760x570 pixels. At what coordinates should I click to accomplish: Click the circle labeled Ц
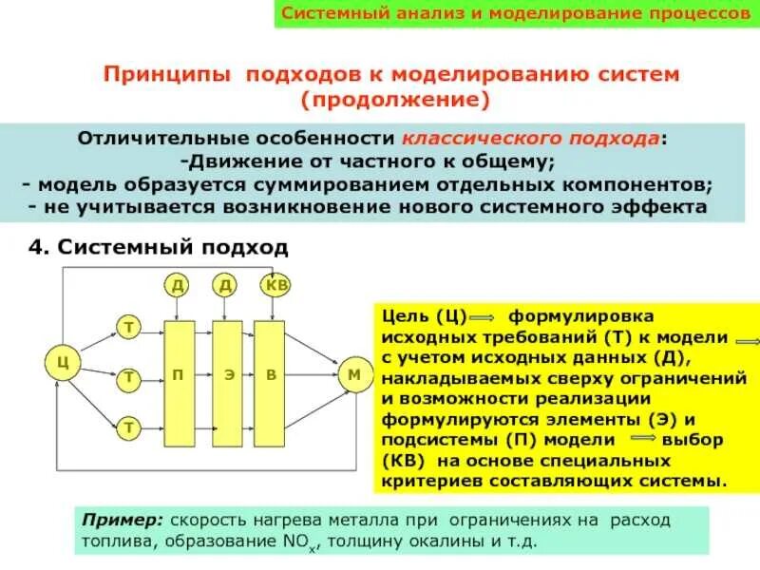pyautogui.click(x=62, y=361)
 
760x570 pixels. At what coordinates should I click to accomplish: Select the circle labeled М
pyautogui.click(x=354, y=375)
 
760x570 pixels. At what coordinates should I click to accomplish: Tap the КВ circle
pyautogui.click(x=276, y=284)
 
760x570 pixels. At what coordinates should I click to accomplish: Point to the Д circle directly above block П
pyautogui.click(x=178, y=284)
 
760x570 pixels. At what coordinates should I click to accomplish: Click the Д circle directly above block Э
pyautogui.click(x=226, y=284)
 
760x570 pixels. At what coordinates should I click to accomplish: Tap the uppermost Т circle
pyautogui.click(x=127, y=329)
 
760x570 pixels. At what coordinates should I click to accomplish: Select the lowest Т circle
pyautogui.click(x=127, y=427)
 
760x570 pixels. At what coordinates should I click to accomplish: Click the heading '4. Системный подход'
pyautogui.click(x=158, y=248)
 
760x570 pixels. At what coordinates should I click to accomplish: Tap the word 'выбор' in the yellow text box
pyautogui.click(x=693, y=442)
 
